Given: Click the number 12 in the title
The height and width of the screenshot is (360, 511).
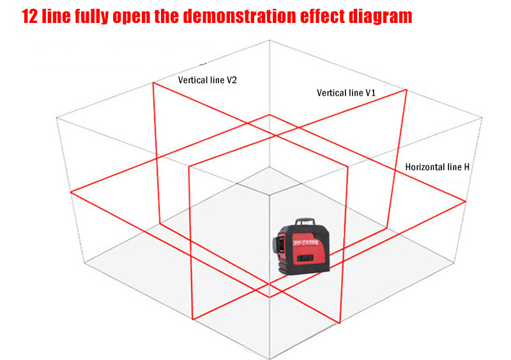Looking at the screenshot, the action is point(29,16).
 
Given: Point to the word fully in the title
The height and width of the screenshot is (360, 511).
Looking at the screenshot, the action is point(91,17).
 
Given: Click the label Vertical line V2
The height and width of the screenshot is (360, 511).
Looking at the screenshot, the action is point(207,80).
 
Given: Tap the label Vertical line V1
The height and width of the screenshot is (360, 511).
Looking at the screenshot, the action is point(346,93).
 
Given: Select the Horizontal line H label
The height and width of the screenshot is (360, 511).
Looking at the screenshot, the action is point(438,167).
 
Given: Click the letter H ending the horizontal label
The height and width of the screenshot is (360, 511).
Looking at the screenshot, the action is point(466,167).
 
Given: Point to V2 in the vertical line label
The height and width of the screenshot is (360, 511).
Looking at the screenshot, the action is point(231,80).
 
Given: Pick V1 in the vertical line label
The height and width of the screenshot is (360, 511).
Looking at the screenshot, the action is point(370,93).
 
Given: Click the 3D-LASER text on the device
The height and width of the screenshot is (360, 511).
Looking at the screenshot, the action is point(306,243).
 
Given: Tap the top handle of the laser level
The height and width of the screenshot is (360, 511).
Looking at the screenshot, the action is point(305,222).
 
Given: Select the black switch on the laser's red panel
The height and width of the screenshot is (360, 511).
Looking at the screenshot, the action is point(306,258).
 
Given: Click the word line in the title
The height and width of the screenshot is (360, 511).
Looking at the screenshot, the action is point(56,16).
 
